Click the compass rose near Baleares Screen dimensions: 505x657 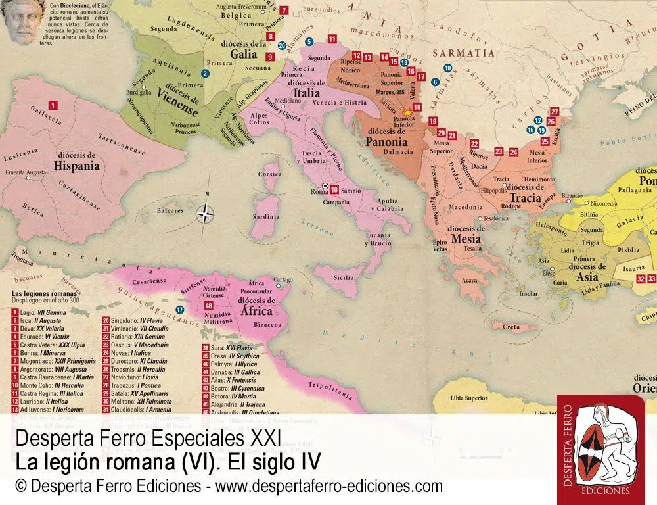[206, 212]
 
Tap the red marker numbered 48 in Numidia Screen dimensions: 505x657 [209, 306]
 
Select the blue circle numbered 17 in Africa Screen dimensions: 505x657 [179, 310]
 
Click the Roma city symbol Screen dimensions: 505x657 [323, 187]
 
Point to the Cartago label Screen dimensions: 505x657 [283, 279]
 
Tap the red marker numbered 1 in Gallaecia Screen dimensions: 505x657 [53, 104]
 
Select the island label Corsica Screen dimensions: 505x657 [269, 174]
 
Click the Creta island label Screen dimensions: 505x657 [511, 327]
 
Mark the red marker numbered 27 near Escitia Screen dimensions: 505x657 [554, 111]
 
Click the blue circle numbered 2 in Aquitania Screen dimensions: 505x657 [206, 74]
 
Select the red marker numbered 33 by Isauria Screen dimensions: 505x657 [652, 279]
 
